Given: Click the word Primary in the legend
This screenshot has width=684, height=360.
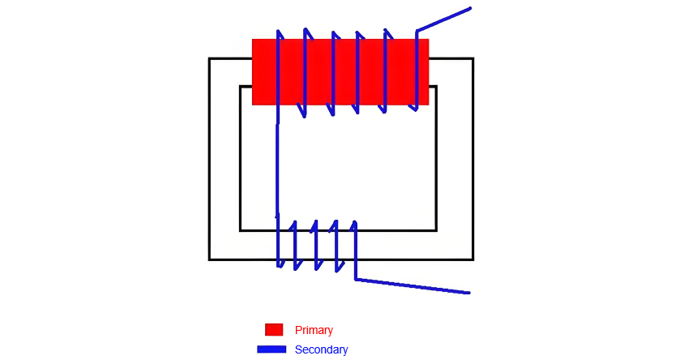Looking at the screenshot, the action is click(314, 330).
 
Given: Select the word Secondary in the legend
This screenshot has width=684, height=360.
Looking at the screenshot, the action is click(321, 349).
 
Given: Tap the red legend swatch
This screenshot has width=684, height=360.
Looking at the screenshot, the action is click(274, 330).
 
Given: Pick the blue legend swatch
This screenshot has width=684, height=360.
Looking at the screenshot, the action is click(271, 349).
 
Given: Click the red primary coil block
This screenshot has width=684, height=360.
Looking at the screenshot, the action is click(340, 72).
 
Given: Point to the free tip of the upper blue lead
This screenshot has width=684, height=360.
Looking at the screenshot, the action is click(470, 8).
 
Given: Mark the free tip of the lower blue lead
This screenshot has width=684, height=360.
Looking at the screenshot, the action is click(468, 293).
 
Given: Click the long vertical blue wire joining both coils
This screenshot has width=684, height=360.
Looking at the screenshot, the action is click(277, 170).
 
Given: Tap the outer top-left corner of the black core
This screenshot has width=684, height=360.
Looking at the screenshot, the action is click(209, 58).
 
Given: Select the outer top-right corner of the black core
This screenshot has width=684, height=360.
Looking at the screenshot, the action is click(473, 58).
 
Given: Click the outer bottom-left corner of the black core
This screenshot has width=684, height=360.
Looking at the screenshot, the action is click(209, 259).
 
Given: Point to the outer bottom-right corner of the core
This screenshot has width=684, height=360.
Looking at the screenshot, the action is click(473, 259).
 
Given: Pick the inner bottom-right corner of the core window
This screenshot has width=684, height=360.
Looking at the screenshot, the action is click(436, 230).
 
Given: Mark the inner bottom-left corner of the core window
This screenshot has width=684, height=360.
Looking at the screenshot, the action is click(241, 230).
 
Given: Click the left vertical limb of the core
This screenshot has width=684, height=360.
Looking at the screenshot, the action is click(224, 159).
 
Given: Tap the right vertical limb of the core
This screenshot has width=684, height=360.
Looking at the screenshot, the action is click(455, 159).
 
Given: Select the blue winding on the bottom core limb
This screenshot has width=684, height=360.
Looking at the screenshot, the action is click(316, 245).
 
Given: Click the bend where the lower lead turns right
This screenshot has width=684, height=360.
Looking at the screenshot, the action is click(356, 279).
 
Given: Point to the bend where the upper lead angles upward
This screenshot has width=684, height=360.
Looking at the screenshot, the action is click(417, 31).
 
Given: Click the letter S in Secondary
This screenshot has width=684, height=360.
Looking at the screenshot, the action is click(298, 349).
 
